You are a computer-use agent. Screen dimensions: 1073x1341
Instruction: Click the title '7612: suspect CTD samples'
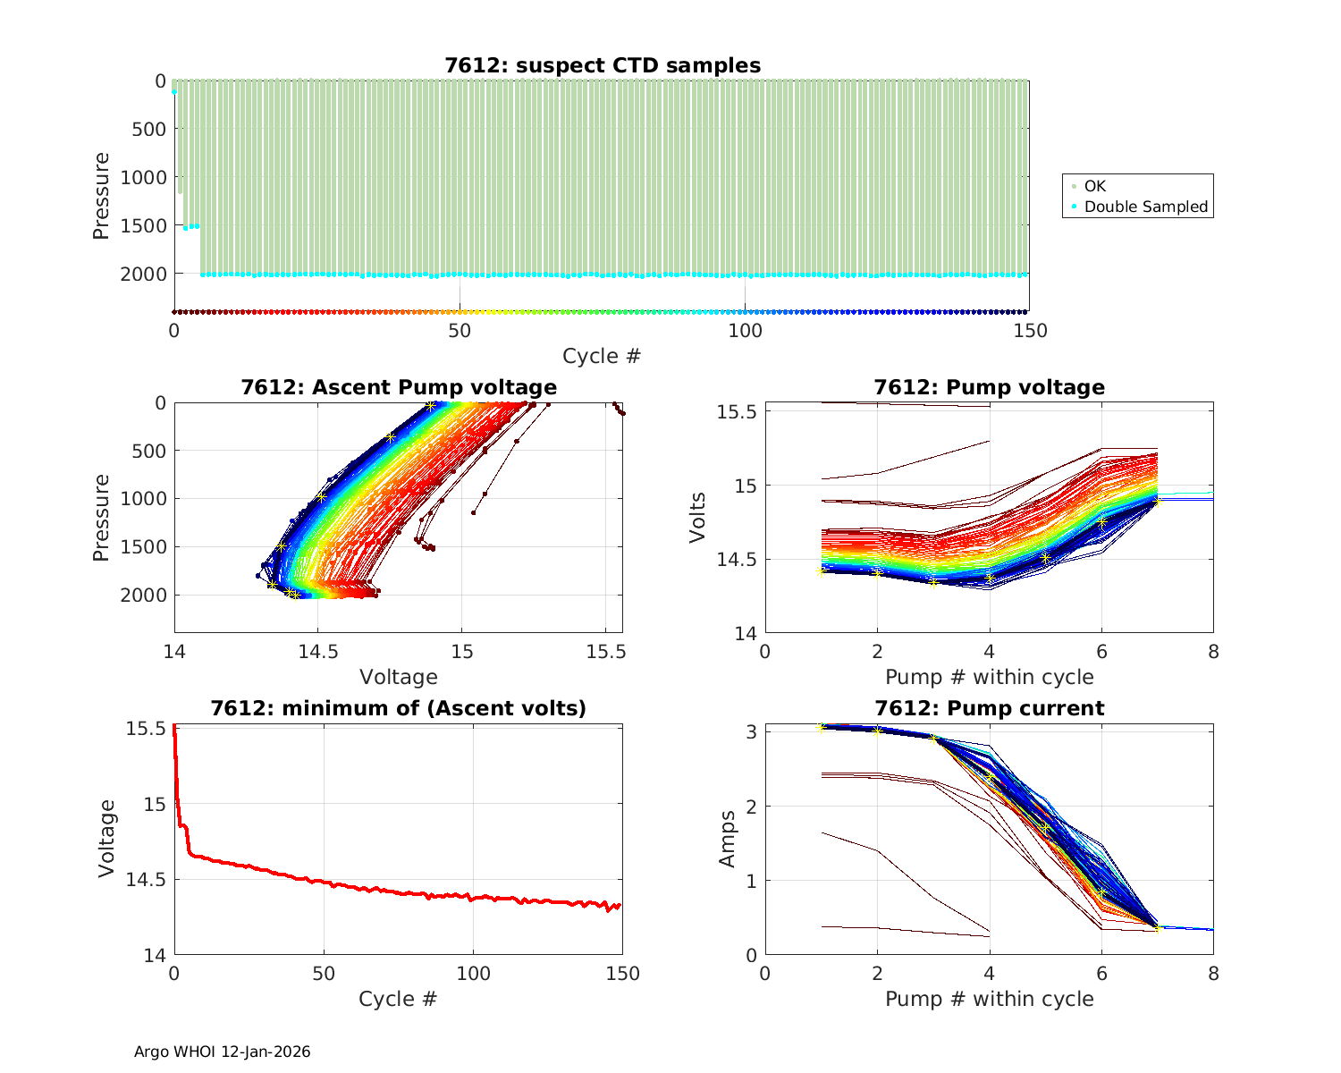coord(603,65)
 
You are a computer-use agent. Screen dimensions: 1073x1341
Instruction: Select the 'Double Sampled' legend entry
coord(1145,207)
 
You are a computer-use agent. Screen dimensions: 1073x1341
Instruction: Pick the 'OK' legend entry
coord(1094,186)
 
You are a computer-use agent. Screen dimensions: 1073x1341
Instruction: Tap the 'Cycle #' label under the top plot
coord(602,356)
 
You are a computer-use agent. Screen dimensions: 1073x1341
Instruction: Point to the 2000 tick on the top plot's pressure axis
coord(143,274)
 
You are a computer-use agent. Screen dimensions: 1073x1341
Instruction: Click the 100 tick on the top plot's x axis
coord(745,331)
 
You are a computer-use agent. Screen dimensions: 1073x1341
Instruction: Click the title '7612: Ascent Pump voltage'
coord(399,387)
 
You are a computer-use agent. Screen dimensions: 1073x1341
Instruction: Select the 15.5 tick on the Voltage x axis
coord(606,652)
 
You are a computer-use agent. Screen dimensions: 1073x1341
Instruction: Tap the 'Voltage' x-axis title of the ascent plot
coord(399,677)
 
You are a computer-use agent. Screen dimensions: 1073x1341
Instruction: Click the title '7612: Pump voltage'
coord(989,387)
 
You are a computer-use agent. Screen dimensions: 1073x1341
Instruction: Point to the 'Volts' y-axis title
coord(698,518)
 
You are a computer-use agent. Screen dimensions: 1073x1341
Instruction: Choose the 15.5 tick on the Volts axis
coord(738,412)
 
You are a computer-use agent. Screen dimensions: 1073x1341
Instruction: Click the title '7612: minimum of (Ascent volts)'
coord(399,708)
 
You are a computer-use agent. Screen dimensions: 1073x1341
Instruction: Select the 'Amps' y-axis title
coord(728,839)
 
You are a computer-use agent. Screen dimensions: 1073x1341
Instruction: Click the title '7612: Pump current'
coord(989,708)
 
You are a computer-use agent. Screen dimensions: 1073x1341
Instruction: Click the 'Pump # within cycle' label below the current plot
coord(989,999)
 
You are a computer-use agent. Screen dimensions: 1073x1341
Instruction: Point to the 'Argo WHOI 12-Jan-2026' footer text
coord(223,1052)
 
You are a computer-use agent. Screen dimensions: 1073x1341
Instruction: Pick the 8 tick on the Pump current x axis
coord(1213,974)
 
